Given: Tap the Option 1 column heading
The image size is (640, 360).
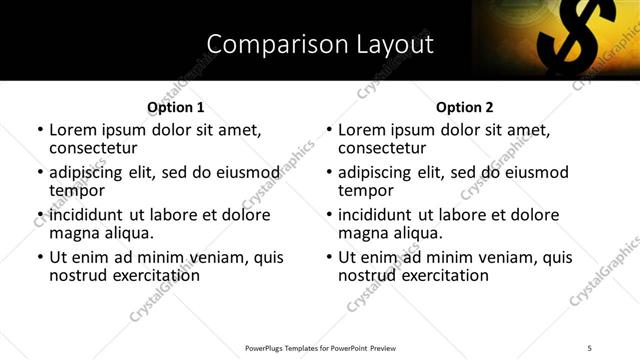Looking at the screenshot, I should coord(175,107).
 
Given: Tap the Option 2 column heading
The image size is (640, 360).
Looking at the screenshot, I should coord(464,107).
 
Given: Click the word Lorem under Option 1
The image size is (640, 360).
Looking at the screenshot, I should coord(73,130).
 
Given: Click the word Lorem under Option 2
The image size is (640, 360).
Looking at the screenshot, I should coord(362,130).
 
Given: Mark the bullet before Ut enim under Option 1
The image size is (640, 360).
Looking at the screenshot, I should coord(39,257).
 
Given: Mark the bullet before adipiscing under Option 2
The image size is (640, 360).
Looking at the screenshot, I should coord(328,172).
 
